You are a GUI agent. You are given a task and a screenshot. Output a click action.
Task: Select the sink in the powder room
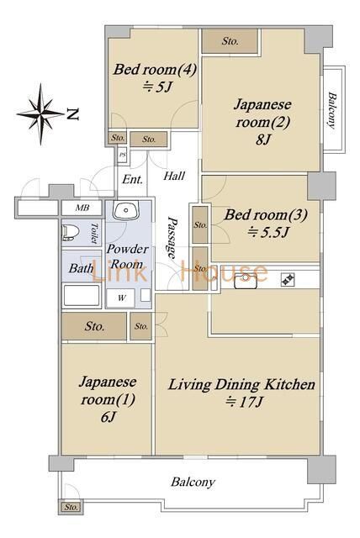point(127,211)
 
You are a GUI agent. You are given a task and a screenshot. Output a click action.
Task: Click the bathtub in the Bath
point(81,297)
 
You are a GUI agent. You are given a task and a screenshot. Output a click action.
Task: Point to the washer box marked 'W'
point(122,297)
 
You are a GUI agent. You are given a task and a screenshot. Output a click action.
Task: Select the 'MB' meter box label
point(82,208)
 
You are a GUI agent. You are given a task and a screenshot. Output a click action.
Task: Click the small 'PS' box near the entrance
point(123,155)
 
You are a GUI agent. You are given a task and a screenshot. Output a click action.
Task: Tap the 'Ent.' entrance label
point(132,180)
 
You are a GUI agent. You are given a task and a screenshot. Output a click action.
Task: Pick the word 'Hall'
point(174,177)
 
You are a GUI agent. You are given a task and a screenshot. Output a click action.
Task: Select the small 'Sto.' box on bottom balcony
point(70,507)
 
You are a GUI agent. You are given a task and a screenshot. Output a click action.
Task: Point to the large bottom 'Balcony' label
point(193,482)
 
